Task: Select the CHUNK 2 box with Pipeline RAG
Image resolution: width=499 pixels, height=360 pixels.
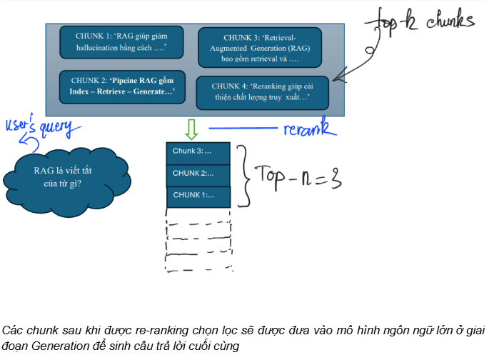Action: pos(121,86)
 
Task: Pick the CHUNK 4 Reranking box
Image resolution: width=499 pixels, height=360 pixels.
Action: pos(262,92)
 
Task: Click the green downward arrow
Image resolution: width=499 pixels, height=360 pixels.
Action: pos(191,129)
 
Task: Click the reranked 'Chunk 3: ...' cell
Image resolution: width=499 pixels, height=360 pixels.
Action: pos(198,152)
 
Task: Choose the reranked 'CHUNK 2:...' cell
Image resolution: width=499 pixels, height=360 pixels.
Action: pos(198,174)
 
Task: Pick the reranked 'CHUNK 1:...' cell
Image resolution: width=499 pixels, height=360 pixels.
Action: pos(198,196)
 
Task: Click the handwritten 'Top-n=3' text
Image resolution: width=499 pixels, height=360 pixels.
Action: pos(300,176)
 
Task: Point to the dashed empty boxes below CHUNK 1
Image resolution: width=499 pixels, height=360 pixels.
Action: pos(198,243)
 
